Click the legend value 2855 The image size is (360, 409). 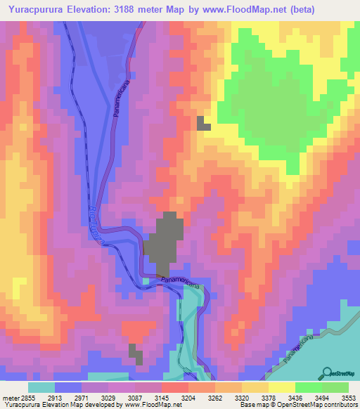[19, 398]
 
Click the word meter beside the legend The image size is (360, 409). [6, 398]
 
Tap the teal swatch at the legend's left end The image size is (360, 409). [41, 387]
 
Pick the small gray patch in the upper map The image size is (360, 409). [204, 124]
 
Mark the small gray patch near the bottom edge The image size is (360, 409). [136, 353]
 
